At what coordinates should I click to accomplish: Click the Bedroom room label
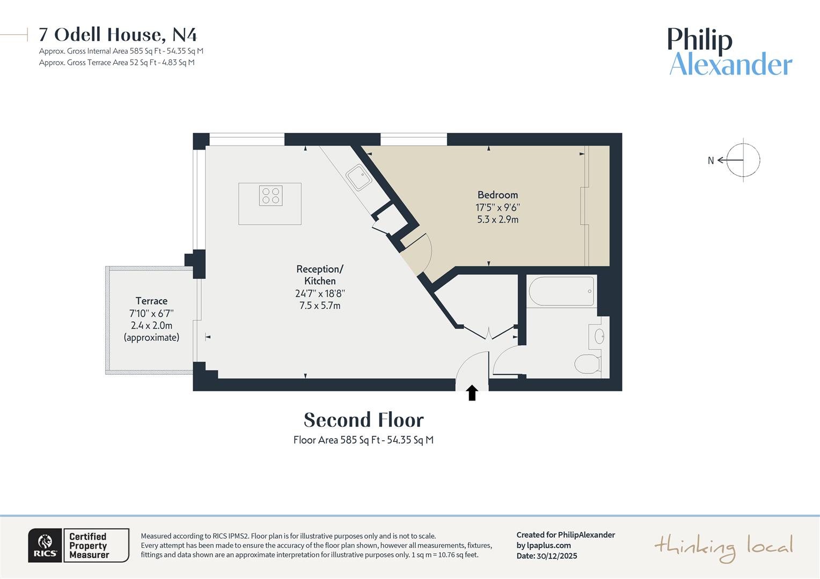[x=497, y=195]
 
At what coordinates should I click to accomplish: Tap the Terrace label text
[x=151, y=301]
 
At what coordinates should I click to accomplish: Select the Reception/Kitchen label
[x=320, y=275]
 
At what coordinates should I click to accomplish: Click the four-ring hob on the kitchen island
[x=270, y=196]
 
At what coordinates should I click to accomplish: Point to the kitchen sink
[x=358, y=177]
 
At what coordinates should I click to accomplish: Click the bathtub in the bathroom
[x=561, y=291]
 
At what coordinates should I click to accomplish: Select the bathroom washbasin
[x=599, y=337]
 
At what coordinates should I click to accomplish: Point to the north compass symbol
[x=743, y=160]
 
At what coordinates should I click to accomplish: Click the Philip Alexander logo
[x=730, y=52]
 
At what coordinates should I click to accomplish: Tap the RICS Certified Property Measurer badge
[x=78, y=545]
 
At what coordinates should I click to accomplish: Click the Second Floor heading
[x=363, y=420]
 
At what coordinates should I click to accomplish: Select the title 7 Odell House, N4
[x=118, y=35]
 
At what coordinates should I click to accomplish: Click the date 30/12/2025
[x=557, y=556]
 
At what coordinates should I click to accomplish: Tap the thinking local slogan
[x=723, y=547]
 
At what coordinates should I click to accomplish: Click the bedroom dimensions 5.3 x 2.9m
[x=497, y=219]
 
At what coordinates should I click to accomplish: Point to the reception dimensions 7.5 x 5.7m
[x=320, y=306]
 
